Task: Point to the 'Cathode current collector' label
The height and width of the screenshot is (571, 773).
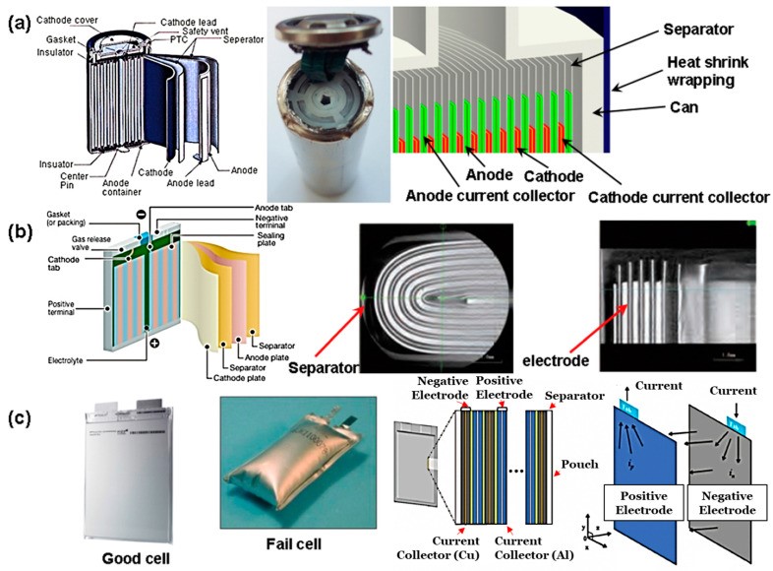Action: click(678, 197)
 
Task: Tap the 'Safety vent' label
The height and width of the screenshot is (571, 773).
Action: click(200, 32)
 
